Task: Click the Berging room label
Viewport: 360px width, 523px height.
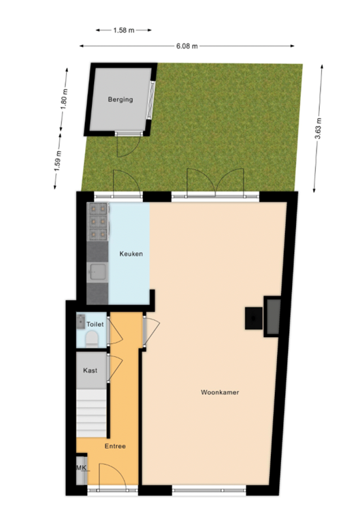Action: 120,99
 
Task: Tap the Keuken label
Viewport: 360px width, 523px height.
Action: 131,254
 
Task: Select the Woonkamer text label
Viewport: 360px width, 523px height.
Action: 220,392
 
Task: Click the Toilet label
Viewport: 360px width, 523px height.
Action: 95,325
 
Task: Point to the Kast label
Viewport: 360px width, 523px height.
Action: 90,370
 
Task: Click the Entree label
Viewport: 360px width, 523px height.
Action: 114,446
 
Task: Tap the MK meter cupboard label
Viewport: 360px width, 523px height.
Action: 82,468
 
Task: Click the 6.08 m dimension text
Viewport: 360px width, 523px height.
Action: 186,46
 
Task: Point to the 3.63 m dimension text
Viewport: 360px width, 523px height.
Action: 318,128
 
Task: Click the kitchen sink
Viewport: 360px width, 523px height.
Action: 98,272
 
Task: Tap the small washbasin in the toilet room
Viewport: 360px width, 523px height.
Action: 82,320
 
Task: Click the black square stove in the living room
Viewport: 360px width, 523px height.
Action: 254,317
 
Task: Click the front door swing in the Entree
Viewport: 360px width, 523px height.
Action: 109,474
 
